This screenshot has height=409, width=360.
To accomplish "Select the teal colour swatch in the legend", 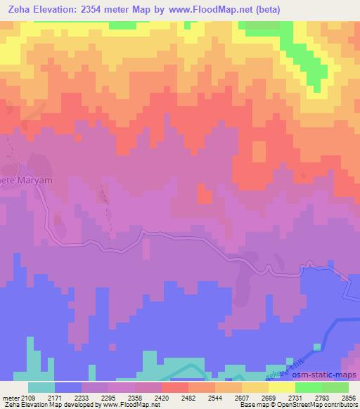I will point(41,387).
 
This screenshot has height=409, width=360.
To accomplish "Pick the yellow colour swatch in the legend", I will point(281,387).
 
